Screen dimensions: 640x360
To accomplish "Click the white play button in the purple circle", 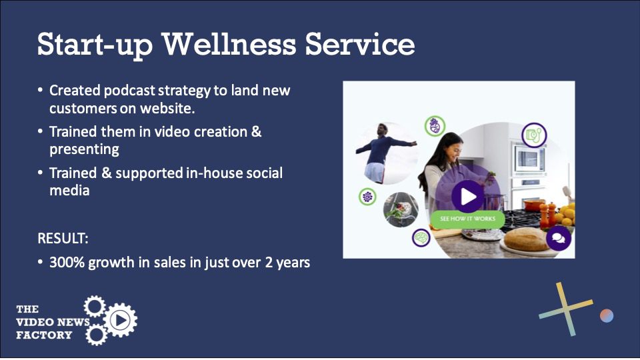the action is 468,197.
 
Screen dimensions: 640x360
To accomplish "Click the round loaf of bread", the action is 527,239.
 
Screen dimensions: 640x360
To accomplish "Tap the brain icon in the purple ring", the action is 421,237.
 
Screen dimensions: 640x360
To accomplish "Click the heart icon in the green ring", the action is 435,126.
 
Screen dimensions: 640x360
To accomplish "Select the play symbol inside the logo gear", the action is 121,320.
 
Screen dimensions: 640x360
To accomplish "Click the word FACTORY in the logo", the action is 44,335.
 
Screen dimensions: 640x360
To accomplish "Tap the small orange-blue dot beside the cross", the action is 607,315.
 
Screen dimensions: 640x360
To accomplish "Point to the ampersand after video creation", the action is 256,131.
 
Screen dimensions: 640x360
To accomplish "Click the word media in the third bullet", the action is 69,190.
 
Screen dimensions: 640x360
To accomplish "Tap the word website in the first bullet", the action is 167,108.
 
